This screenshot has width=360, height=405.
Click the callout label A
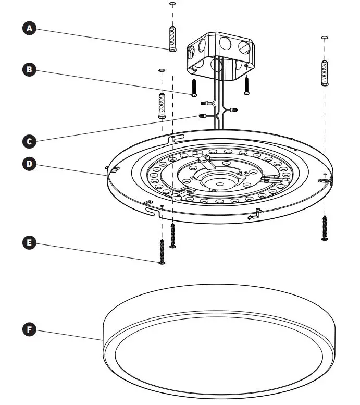[30, 29]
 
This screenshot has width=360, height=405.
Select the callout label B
[30, 69]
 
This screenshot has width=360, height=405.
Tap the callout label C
[30, 141]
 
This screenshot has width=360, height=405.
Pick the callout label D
[30, 164]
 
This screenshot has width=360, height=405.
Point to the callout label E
[30, 242]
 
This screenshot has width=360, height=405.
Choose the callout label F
[30, 329]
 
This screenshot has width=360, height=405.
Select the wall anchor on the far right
[324, 73]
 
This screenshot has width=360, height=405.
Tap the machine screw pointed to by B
[194, 88]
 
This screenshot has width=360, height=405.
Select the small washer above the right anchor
[324, 38]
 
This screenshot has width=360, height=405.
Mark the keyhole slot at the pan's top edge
[176, 139]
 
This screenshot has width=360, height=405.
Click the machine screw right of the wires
[247, 85]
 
